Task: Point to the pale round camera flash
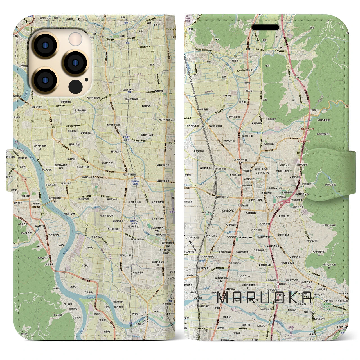[76, 39]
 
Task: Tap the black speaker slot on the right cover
[265, 27]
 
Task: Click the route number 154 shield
[111, 95]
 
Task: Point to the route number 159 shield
[223, 106]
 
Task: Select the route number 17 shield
[268, 210]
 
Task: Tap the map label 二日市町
[89, 247]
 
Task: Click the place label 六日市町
[88, 292]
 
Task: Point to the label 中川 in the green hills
[267, 66]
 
